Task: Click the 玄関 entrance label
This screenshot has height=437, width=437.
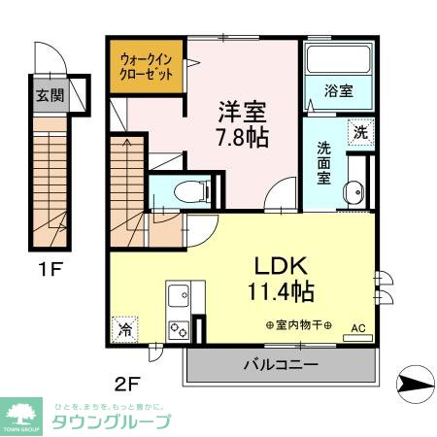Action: pyautogui.click(x=50, y=96)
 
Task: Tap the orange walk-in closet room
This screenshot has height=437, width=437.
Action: pyautogui.click(x=146, y=66)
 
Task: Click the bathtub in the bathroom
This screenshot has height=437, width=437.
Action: pyautogui.click(x=338, y=64)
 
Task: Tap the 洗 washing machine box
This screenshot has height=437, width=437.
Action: pyautogui.click(x=359, y=130)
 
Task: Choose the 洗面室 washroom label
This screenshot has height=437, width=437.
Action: pyautogui.click(x=324, y=164)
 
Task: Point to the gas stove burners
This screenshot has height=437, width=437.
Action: pyautogui.click(x=179, y=327)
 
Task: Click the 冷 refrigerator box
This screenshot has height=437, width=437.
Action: pyautogui.click(x=124, y=329)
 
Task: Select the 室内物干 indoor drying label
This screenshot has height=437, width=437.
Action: pyautogui.click(x=298, y=324)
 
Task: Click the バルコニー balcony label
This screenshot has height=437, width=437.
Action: pyautogui.click(x=281, y=365)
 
